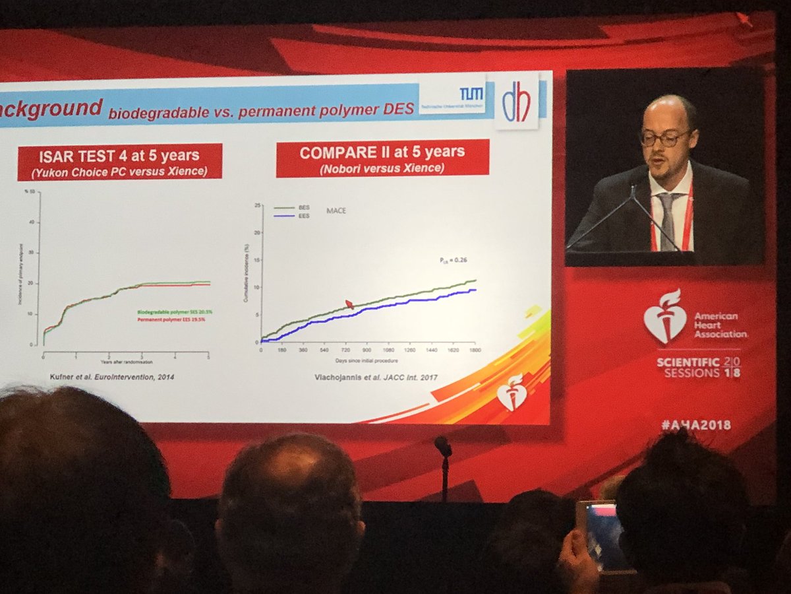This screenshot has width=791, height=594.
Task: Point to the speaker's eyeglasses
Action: tap(664, 137)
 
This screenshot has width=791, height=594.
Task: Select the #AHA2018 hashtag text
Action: tap(696, 426)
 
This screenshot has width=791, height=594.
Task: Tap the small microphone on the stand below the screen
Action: tap(443, 447)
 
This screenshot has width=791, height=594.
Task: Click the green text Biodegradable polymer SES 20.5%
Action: tap(173, 312)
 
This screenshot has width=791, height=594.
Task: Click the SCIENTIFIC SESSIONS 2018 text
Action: tap(697, 368)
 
